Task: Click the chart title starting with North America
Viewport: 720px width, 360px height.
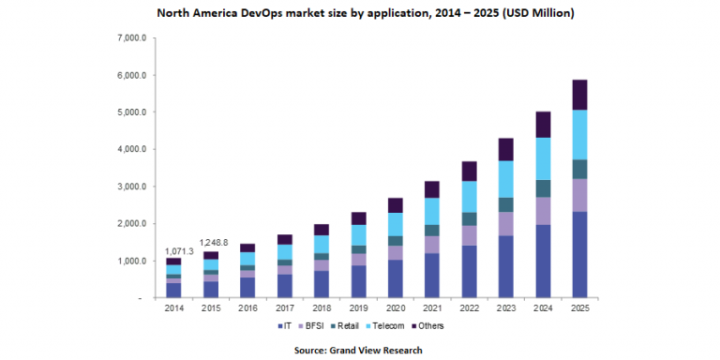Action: [x=360, y=14]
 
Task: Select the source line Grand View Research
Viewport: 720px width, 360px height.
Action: [x=360, y=350]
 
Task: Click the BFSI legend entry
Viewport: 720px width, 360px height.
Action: [x=313, y=325]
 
